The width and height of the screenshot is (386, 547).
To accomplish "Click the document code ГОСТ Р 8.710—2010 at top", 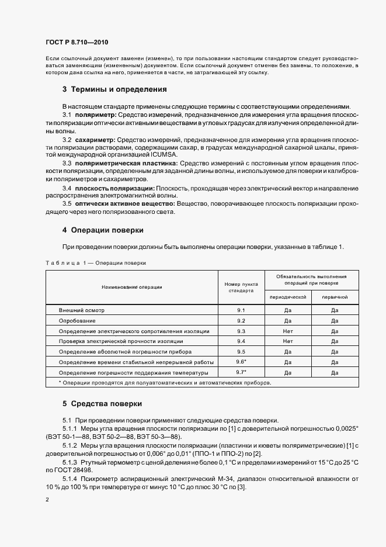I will (76, 43).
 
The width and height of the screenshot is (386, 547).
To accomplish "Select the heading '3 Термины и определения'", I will (114, 89).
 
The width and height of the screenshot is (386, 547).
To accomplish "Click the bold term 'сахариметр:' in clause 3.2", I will (96, 140).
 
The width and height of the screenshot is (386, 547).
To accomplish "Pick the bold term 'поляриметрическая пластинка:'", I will (127, 164).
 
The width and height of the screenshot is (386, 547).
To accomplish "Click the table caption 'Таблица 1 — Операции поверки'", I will (95, 263).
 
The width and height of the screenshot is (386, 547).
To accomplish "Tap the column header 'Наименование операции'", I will (131, 287).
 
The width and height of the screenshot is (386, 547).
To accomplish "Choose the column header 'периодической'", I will (287, 297).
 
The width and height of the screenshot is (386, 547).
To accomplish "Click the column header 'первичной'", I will (335, 297).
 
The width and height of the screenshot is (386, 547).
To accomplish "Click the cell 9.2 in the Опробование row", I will (241, 320).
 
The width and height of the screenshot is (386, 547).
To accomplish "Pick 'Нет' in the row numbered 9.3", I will (287, 331).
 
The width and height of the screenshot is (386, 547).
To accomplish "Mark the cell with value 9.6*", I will (241, 362).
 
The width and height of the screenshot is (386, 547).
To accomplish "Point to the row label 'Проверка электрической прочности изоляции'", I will (121, 341).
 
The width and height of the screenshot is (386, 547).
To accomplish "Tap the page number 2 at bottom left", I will (47, 500).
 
